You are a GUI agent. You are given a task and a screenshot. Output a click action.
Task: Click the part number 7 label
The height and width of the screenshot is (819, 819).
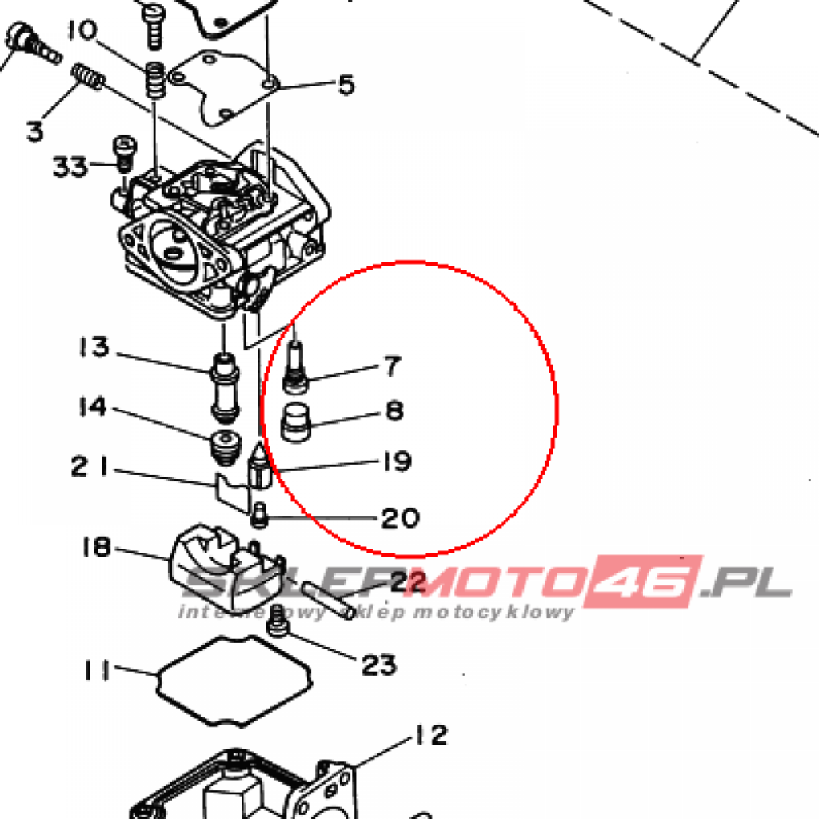(x=393, y=366)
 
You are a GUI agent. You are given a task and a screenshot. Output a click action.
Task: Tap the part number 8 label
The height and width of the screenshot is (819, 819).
(x=394, y=410)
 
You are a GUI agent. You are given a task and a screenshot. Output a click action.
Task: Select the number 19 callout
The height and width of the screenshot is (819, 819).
(x=397, y=461)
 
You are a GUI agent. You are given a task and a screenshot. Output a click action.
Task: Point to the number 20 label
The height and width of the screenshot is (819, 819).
(x=400, y=517)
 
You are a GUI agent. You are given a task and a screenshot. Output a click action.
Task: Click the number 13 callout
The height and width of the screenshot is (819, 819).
(x=94, y=346)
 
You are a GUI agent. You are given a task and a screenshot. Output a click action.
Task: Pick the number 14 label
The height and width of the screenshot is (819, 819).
(x=93, y=406)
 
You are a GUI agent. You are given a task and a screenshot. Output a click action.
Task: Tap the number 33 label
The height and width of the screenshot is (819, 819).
(x=70, y=166)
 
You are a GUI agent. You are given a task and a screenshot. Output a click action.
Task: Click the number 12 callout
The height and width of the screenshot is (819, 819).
(x=431, y=735)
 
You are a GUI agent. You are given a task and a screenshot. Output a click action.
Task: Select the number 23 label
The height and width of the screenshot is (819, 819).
(x=378, y=665)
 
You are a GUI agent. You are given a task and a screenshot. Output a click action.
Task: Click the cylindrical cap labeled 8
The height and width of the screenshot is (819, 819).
(x=296, y=422)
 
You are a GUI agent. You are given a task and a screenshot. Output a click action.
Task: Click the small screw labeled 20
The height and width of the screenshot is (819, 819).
(x=259, y=516)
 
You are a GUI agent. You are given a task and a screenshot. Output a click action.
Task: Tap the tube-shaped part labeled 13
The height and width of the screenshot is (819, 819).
(x=225, y=387)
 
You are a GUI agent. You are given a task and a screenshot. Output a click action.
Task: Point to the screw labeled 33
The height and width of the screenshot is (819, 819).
(x=124, y=154)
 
